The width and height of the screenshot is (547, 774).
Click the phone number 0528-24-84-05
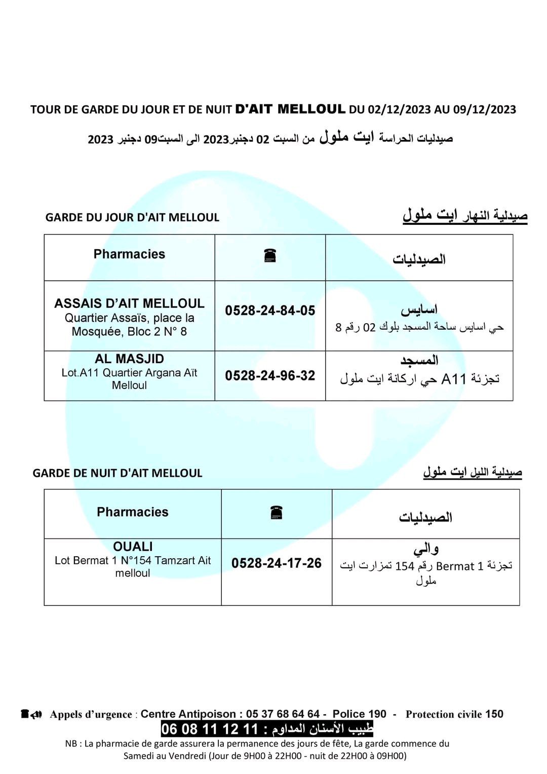270,311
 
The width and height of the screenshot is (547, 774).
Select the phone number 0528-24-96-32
270,375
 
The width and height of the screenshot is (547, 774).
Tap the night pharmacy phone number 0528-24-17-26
277,563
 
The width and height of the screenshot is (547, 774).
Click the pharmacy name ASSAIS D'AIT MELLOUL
129,303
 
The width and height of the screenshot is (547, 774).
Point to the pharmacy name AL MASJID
129,359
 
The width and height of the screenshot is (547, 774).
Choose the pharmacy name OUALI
133,547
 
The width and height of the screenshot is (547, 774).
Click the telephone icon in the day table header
270,256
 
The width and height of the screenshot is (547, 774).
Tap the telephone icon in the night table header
277,513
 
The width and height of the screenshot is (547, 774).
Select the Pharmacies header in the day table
129,254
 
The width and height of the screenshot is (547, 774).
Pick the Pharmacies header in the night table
133,512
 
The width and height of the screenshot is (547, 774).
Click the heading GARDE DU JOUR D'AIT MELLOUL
132,217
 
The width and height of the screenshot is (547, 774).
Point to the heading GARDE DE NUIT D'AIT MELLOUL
118,473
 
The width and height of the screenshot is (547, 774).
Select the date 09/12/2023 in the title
484,109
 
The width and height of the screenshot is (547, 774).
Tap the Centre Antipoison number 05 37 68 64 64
283,714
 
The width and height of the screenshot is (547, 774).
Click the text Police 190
359,714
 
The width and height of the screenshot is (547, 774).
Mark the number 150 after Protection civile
494,714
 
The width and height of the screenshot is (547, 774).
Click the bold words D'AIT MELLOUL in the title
291,109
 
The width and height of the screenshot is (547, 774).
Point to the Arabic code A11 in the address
453,379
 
